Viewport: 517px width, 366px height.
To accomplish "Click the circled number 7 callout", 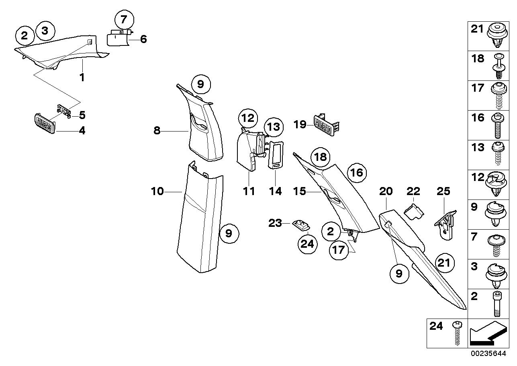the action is pos(124,20).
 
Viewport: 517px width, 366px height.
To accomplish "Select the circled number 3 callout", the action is pos(45,31).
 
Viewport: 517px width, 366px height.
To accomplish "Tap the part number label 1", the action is pos(82,77).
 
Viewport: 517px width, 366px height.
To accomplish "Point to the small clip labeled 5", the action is pos(64,111).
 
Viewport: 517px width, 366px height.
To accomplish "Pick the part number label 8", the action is pos(157,131).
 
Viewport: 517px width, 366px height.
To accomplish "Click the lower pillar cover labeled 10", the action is pos(200,217).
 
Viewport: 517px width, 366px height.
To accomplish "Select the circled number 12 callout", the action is pos(248,118).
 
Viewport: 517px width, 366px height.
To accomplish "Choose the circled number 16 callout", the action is pos(357,173).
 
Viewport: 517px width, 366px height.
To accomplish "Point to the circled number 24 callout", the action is pos(308,244).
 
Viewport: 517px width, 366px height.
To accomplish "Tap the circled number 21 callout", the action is pos(444,263).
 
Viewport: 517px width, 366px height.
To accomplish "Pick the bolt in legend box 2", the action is pos(497,304).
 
